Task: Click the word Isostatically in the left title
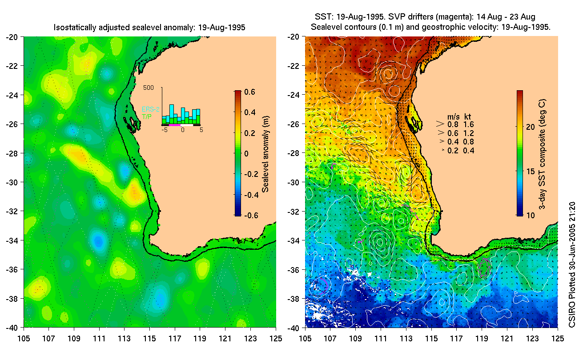point(73,28)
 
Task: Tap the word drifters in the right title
point(407,17)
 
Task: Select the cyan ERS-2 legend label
point(151,109)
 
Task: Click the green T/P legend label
point(146,116)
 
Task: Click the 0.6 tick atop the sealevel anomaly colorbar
point(249,92)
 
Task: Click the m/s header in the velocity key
point(453,116)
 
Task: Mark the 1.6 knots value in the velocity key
point(468,124)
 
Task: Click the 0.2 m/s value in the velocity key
point(453,151)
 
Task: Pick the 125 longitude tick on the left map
point(276,339)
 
